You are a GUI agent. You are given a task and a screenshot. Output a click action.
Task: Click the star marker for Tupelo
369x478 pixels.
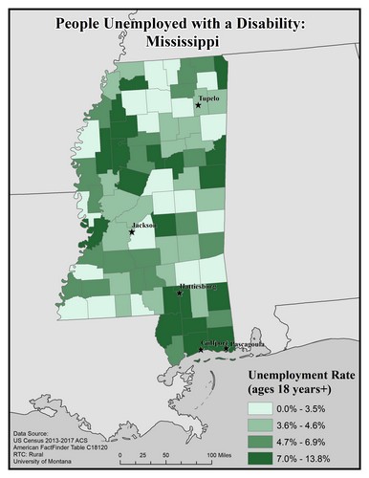click(198, 105)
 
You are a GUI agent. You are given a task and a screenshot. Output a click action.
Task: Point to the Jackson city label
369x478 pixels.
click(145, 226)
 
